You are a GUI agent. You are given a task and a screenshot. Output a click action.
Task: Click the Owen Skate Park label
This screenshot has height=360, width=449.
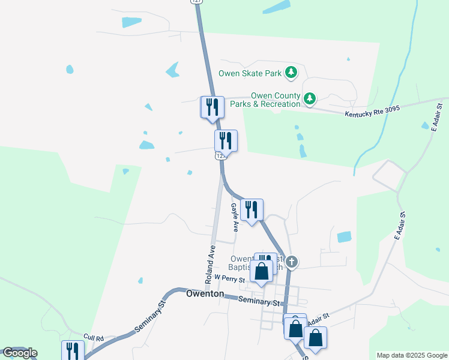click(x=250, y=74)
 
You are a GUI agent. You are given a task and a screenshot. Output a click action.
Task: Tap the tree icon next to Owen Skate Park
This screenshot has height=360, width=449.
click(x=291, y=73)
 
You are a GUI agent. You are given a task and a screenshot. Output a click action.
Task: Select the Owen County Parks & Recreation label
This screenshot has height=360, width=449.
click(x=276, y=100)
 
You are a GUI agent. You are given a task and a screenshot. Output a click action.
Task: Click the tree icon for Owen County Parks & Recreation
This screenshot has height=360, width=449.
click(x=310, y=98)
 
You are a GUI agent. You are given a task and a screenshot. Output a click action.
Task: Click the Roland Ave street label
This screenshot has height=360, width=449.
click(x=210, y=264)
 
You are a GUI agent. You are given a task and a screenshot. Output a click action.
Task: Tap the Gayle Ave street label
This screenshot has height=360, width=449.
click(x=235, y=217)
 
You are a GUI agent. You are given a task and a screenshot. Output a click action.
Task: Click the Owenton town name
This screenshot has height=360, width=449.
click(x=205, y=294)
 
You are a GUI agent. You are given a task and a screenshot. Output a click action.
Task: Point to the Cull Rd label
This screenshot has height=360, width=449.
click(x=94, y=338)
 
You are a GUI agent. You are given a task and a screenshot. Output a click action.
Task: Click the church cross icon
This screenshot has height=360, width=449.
click(x=292, y=262)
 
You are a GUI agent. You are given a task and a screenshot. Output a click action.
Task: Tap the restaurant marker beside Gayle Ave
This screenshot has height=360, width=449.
click(x=252, y=210)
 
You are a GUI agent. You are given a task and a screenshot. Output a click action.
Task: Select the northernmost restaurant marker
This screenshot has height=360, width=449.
click(x=212, y=107)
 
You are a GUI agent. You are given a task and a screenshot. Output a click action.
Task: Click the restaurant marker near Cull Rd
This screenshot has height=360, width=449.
click(x=73, y=351)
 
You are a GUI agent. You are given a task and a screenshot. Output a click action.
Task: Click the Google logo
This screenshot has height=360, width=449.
click(x=20, y=353)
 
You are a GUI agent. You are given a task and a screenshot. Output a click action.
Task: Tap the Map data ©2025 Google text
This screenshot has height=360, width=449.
click(x=412, y=355)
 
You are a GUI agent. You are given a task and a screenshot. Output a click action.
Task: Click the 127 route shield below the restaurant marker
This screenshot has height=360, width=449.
click(x=220, y=156)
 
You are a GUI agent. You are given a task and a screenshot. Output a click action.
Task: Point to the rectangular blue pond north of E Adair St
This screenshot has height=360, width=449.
click(x=344, y=237)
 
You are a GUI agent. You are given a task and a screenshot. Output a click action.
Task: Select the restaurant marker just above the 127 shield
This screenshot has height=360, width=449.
click(x=226, y=141)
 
